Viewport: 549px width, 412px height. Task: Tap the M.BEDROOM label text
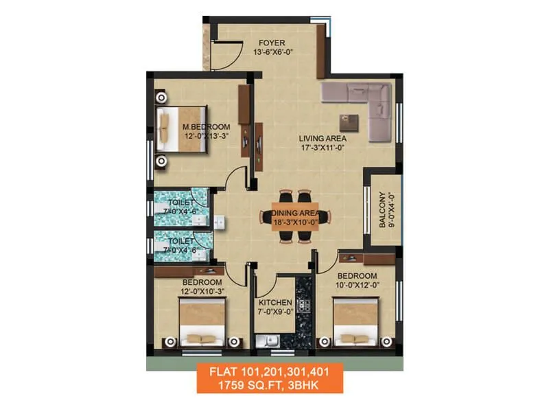[x=206, y=127]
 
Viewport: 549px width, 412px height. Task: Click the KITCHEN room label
[x=275, y=303]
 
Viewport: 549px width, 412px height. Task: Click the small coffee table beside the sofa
[x=353, y=122]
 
